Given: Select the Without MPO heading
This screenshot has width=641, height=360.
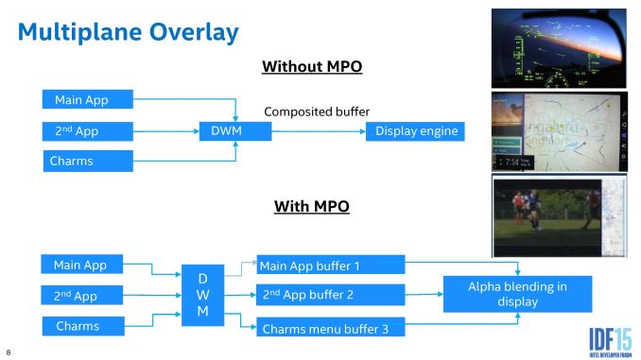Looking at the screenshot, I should pos(312,67).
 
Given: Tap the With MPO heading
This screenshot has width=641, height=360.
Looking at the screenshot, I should pos(312,205).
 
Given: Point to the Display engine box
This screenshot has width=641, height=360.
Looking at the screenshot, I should pos(416,130).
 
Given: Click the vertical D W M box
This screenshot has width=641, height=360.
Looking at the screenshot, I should pos(200,296).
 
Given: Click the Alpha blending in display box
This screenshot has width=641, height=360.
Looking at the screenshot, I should pos(517,294).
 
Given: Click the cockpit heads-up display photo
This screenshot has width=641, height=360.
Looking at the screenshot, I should pos(559,47).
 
